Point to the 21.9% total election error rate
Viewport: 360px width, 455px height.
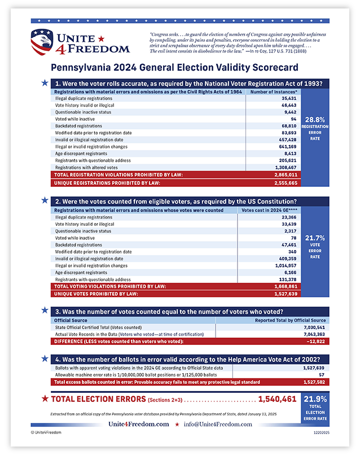[x=315, y=399]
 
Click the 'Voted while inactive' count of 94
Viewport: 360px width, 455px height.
[x=293, y=119]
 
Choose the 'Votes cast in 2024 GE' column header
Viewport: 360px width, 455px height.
[x=266, y=210]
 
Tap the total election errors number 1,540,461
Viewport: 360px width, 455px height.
[x=277, y=399]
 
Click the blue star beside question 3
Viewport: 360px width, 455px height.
[x=45, y=310]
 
